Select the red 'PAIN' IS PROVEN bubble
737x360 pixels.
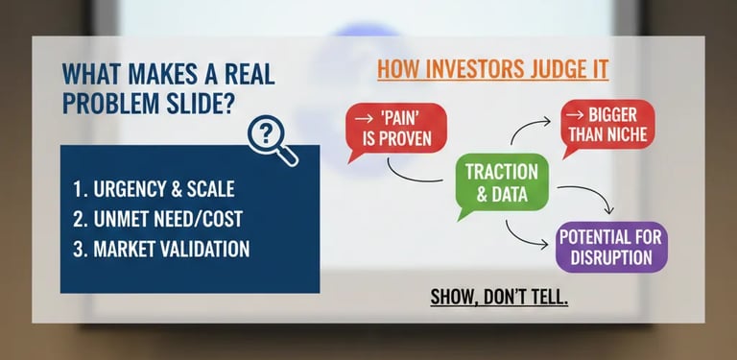(x=395, y=130)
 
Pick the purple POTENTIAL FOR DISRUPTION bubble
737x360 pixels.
(x=610, y=246)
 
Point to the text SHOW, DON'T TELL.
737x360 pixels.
(x=499, y=297)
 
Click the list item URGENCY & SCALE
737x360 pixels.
(x=155, y=189)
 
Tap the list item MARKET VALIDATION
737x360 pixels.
(x=161, y=249)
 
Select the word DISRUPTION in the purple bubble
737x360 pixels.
(x=610, y=257)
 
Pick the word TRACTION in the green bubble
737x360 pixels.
(x=502, y=173)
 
